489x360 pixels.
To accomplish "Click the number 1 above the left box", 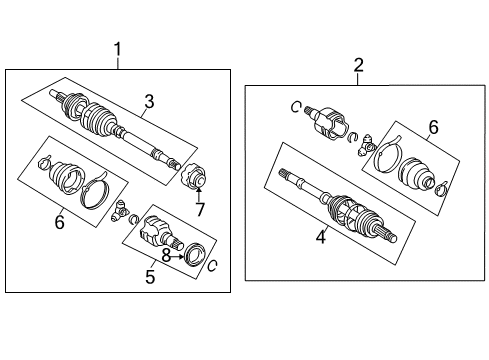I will tap(118, 48).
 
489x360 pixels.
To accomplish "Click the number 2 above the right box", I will tap(358, 65).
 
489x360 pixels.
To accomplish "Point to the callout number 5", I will tap(149, 277).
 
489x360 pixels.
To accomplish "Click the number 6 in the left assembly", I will tap(59, 222).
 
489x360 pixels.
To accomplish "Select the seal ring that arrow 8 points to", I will tap(195, 252).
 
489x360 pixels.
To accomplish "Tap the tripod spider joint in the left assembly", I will tap(121, 211).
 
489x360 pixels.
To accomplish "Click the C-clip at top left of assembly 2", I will tap(297, 106).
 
